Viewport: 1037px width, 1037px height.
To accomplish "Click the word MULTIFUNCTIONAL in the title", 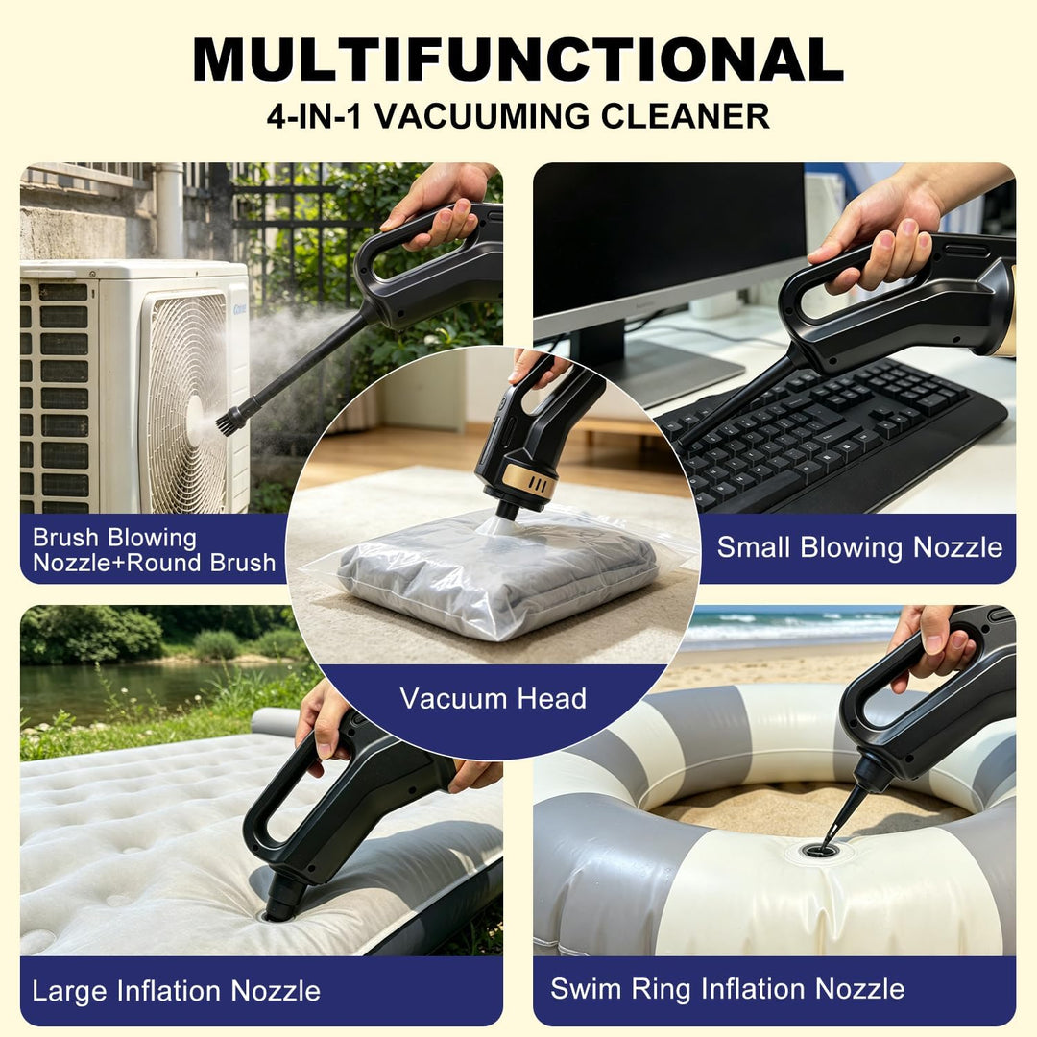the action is tap(518, 60).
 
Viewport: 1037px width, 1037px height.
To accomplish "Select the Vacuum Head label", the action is tap(493, 698).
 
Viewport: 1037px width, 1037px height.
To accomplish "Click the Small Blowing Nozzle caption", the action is tap(859, 547).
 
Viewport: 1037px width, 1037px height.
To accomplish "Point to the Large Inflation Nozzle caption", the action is tap(176, 991).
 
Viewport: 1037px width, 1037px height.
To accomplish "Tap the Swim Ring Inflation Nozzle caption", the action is tap(728, 989).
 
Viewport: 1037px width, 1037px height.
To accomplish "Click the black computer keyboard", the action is tap(827, 433).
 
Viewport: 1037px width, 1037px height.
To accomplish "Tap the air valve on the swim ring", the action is tap(820, 850).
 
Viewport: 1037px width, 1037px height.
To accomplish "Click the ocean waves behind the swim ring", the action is tap(787, 627).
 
